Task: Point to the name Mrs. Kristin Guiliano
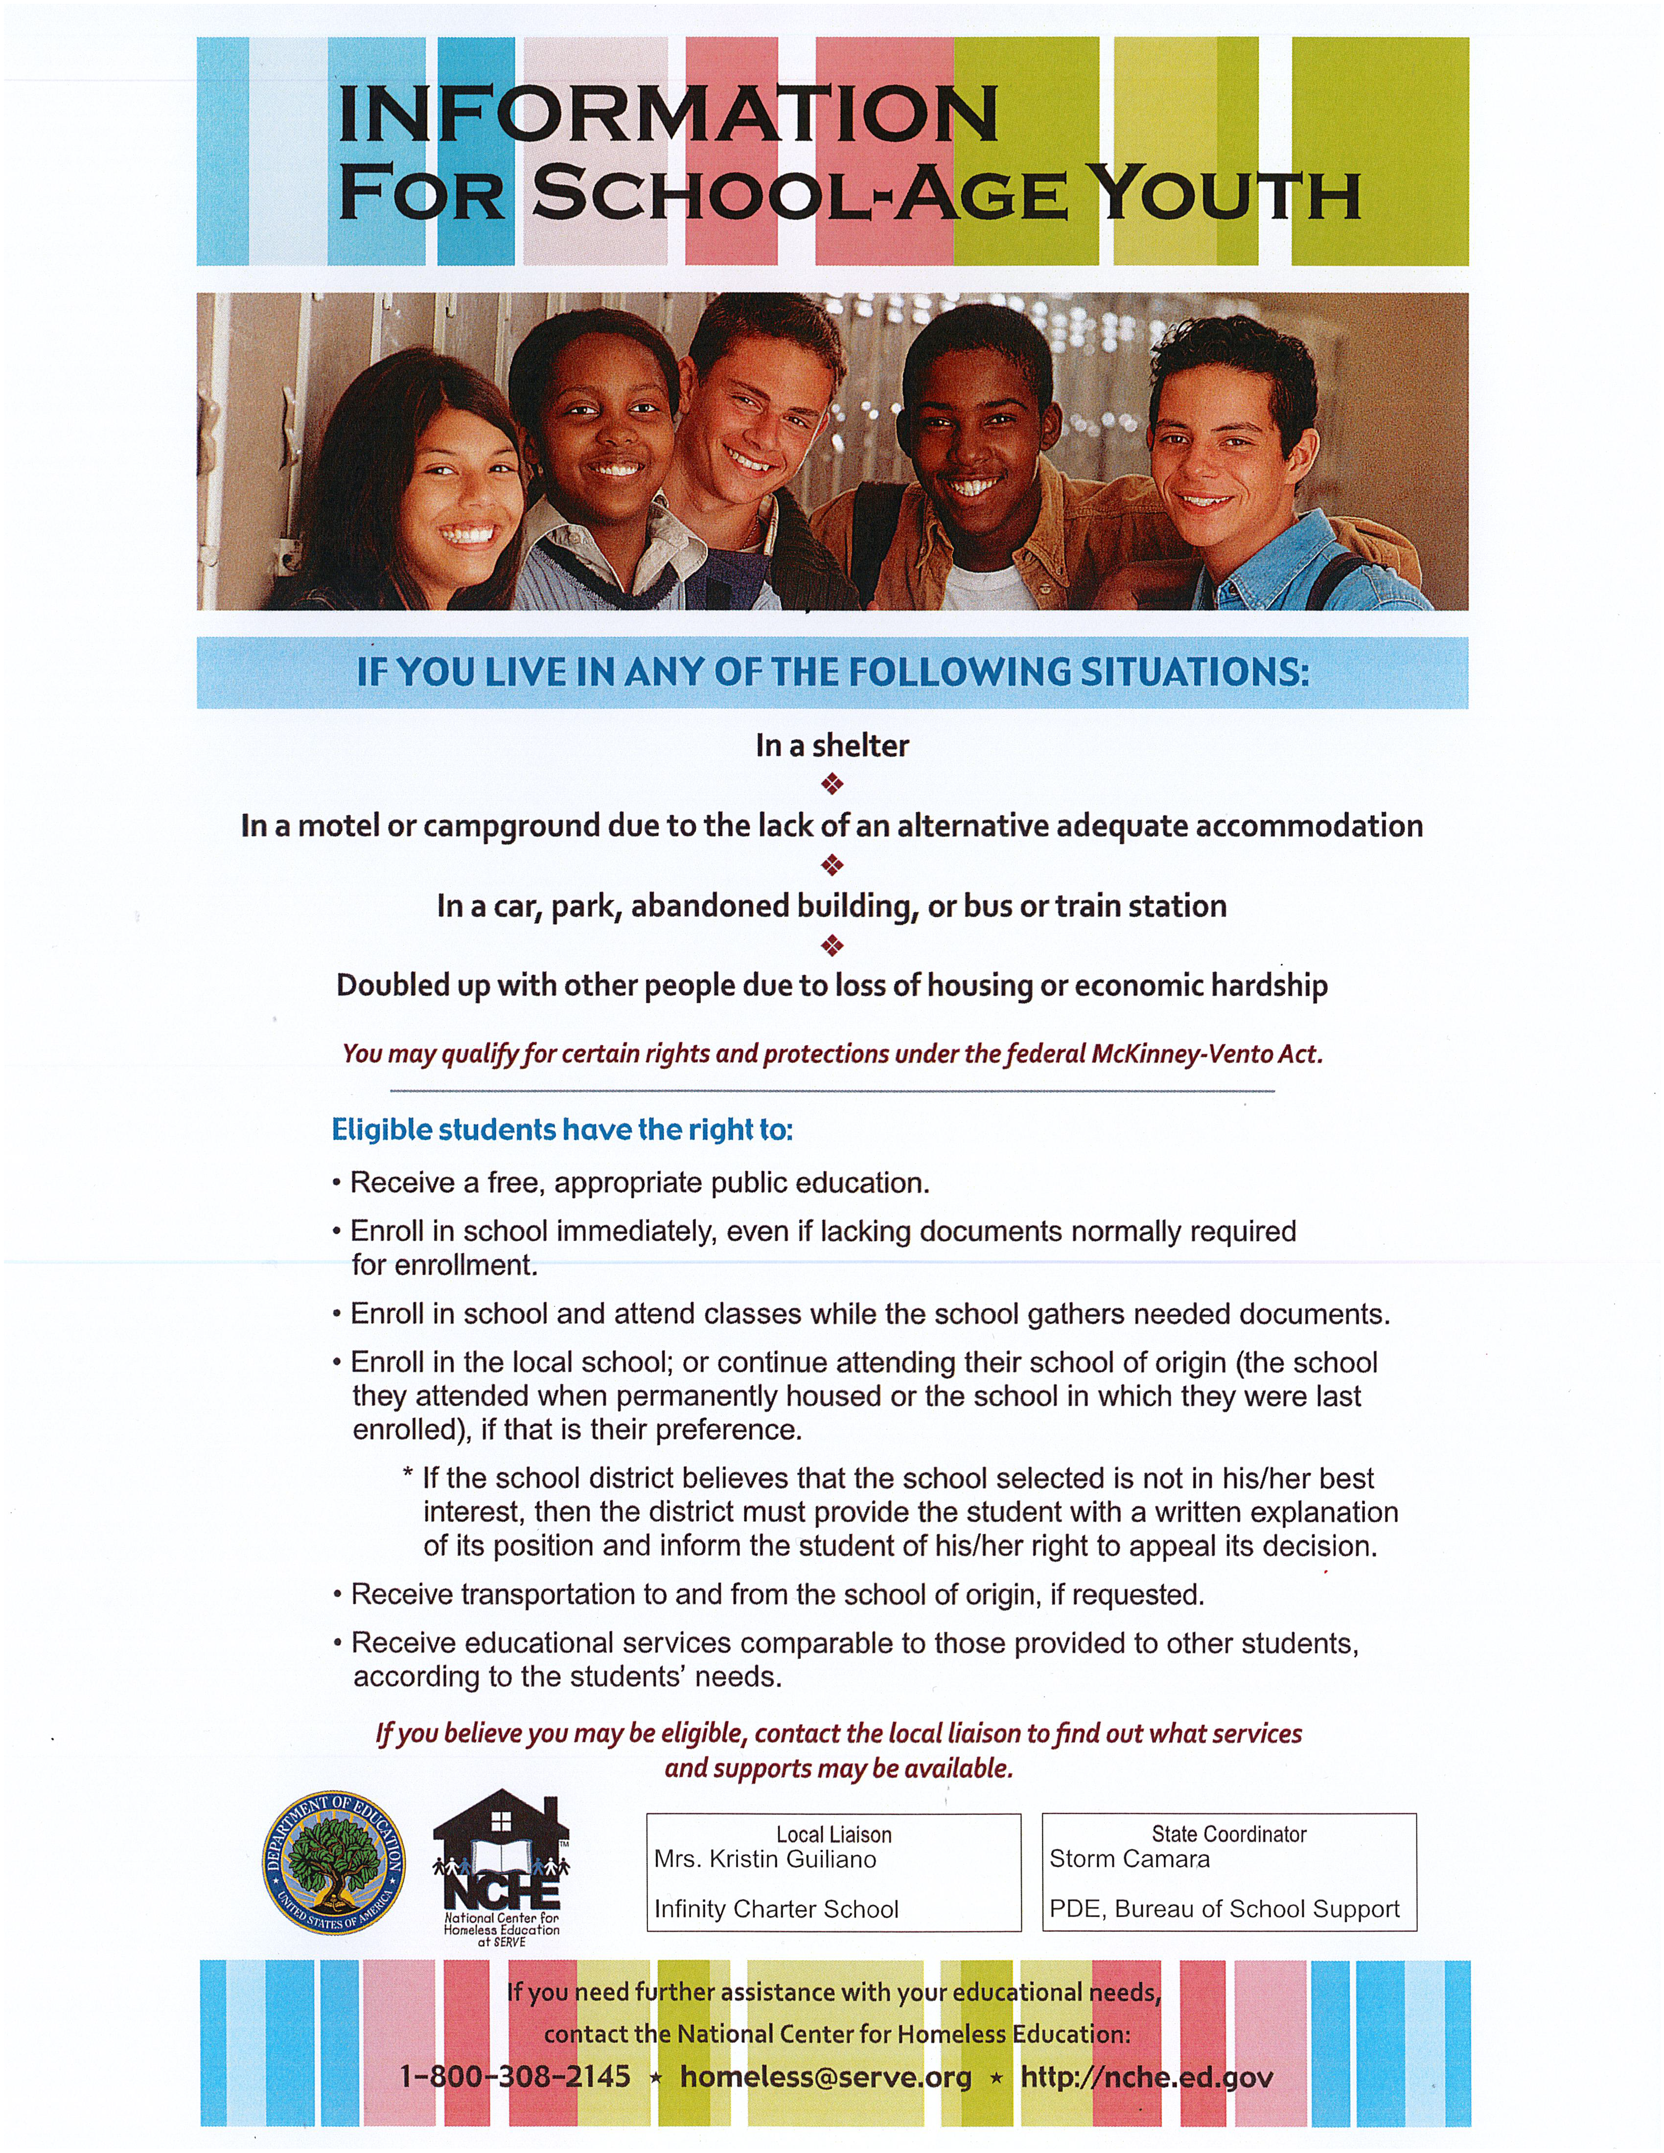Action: (x=765, y=1859)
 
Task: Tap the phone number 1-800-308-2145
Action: (x=514, y=2077)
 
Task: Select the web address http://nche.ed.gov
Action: (x=1147, y=2077)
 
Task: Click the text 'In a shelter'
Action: (x=832, y=745)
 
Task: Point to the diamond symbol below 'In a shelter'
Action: (x=832, y=785)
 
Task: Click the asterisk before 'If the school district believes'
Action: (x=407, y=1476)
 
